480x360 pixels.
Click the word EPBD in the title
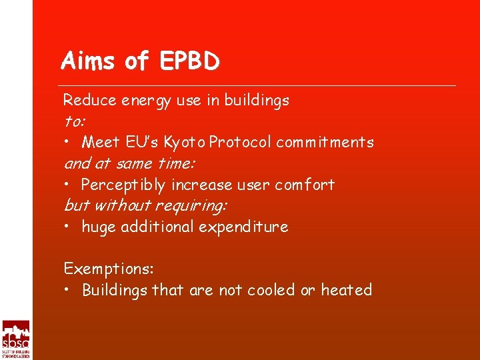coord(189,61)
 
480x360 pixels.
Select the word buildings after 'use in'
coord(257,101)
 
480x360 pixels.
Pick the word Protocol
coord(241,142)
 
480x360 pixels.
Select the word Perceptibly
coord(124,185)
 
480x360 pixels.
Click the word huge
coord(97,227)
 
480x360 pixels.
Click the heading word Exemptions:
coord(109,269)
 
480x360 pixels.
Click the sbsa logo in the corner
coord(15,339)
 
